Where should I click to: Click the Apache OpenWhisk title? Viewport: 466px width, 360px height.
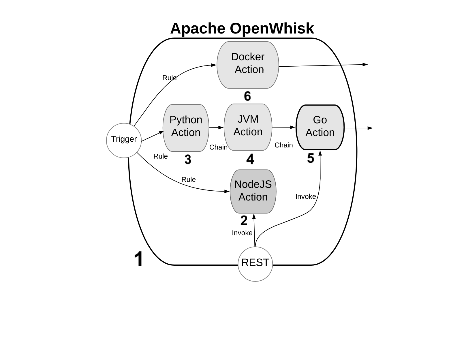(242, 29)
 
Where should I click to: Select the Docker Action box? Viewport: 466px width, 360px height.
(248, 65)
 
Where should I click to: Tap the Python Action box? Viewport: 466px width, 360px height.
(186, 127)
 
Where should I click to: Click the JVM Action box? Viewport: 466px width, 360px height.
(248, 127)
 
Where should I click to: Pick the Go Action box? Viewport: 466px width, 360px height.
(320, 127)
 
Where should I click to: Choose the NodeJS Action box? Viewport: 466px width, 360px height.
(253, 191)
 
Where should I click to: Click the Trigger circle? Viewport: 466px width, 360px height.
(124, 140)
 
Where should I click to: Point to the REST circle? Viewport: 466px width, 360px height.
(255, 264)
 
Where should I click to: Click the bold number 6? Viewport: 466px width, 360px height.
(247, 96)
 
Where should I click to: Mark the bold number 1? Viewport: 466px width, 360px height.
(139, 259)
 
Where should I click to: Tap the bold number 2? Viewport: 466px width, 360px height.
(244, 221)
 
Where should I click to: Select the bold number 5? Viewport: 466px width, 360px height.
(311, 158)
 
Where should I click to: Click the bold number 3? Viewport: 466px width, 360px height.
(188, 160)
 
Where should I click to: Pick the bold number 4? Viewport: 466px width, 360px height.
(250, 159)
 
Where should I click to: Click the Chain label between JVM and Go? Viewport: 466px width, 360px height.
(283, 145)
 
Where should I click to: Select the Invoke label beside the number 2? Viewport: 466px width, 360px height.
(242, 233)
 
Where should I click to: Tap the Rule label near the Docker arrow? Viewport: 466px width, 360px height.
(169, 78)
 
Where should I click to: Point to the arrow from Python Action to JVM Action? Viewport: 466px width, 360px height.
(216, 127)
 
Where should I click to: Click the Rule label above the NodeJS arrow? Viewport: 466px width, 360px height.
(188, 179)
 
